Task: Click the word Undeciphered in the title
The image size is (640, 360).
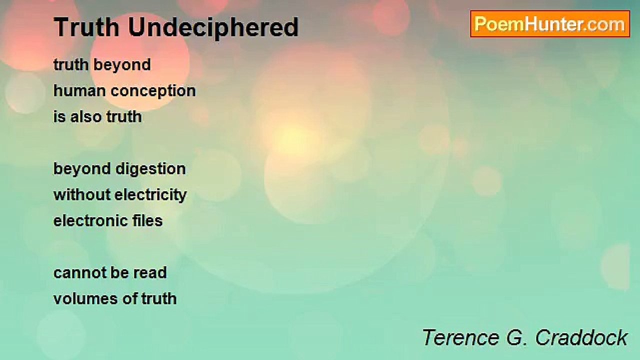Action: (x=213, y=27)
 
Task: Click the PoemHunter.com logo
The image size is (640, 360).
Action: (x=550, y=24)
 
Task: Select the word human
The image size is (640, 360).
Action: (x=79, y=91)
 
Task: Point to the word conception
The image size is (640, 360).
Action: (x=153, y=91)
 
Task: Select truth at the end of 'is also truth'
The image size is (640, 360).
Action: (x=124, y=117)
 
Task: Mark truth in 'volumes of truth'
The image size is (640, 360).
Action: (x=159, y=299)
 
